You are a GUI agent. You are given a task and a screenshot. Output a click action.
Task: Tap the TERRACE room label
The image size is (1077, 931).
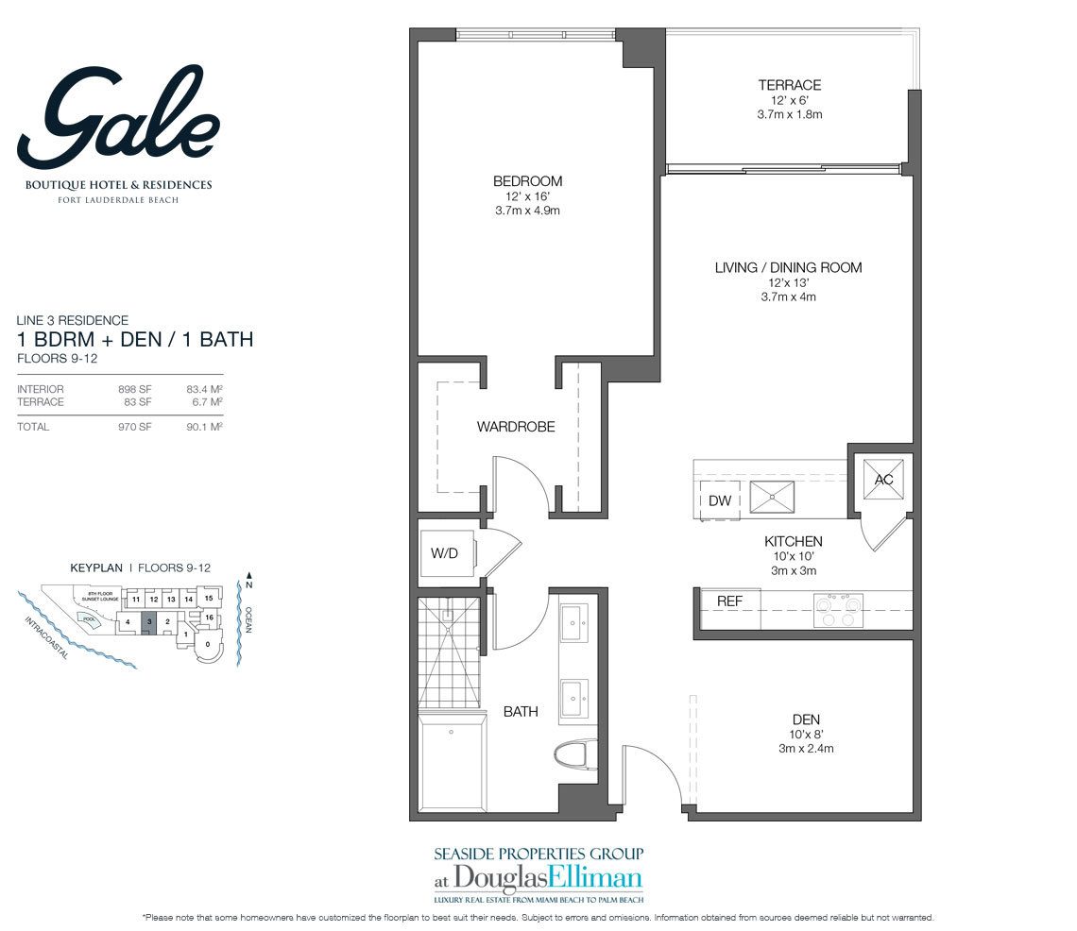tap(789, 85)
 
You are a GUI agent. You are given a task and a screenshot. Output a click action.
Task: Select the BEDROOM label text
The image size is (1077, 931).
tap(527, 181)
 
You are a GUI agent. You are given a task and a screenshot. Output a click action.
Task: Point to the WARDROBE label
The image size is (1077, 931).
tap(515, 427)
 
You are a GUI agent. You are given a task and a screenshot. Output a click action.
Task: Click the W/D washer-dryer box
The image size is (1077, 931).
tap(445, 553)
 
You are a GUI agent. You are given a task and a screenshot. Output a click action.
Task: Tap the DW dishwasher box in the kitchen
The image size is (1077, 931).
tap(719, 500)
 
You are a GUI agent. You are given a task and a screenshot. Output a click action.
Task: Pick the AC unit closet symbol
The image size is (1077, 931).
tap(883, 480)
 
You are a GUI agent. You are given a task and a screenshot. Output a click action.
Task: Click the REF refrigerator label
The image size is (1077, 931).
tap(728, 601)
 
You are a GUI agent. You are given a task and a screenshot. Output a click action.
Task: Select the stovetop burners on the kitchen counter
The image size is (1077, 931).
tap(839, 609)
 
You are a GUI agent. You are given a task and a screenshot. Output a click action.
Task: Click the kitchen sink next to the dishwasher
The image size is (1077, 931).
tap(772, 496)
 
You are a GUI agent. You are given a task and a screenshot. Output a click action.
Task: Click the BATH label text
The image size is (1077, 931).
tap(521, 711)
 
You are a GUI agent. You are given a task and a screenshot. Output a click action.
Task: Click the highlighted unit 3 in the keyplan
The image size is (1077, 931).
tap(149, 621)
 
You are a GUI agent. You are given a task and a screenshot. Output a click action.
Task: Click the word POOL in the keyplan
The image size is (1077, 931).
tap(90, 619)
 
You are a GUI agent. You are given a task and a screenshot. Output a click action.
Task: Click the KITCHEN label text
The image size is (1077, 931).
tap(793, 542)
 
